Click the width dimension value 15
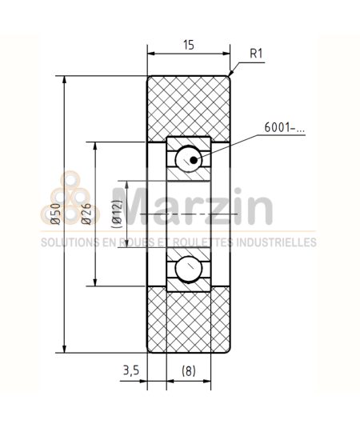pyautogui.click(x=188, y=46)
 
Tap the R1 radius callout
pyautogui.click(x=257, y=54)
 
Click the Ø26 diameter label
pyautogui.click(x=86, y=214)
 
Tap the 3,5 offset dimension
pyautogui.click(x=133, y=370)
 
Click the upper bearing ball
pyautogui.click(x=189, y=158)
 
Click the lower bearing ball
pyautogui.click(x=189, y=270)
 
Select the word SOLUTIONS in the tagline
pyautogui.click(x=70, y=242)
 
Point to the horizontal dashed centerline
pyautogui.click(x=192, y=214)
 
